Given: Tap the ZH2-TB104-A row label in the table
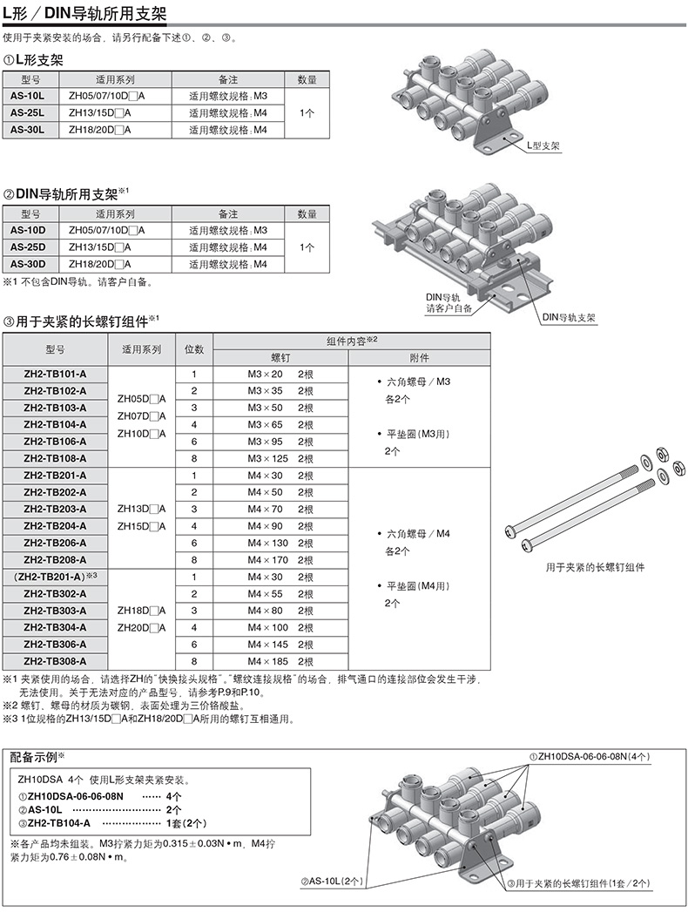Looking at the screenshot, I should [x=55, y=424].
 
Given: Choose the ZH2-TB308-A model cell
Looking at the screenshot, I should [x=55, y=662].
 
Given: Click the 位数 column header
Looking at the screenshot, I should [x=195, y=348].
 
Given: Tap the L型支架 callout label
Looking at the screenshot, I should [x=543, y=148].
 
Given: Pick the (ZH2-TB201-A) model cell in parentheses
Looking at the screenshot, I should [x=55, y=577].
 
